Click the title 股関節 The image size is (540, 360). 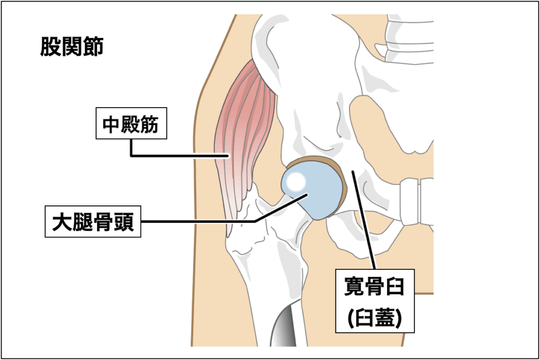[72, 47]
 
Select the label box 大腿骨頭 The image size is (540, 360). [92, 222]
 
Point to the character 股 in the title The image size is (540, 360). [51, 47]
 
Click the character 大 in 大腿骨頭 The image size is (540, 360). [61, 222]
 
